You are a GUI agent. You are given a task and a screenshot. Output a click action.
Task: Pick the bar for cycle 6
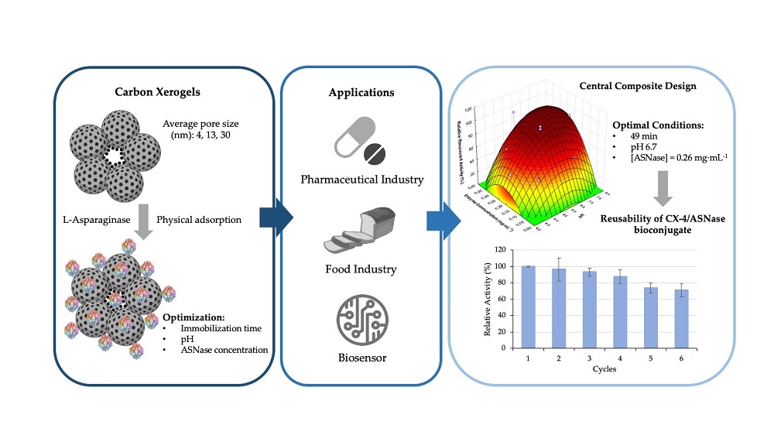point(683,318)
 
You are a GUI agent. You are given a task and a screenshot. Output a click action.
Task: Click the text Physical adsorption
point(198,220)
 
